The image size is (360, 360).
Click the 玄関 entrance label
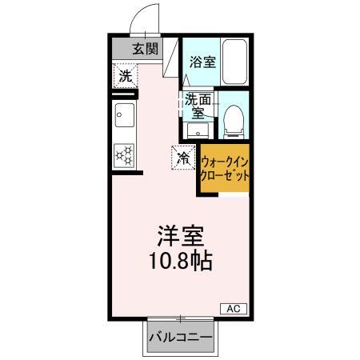click(x=146, y=49)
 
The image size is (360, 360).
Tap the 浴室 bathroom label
click(x=202, y=62)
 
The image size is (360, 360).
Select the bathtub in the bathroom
click(x=234, y=62)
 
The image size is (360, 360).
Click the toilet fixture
click(x=234, y=122)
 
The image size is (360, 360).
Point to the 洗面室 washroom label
click(x=198, y=106)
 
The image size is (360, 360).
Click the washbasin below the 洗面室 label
click(x=198, y=130)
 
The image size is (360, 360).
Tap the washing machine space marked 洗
click(x=126, y=76)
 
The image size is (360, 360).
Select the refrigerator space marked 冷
click(x=183, y=158)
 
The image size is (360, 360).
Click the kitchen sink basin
click(x=125, y=115)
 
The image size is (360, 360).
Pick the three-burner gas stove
click(x=124, y=156)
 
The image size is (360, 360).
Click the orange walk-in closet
click(x=225, y=168)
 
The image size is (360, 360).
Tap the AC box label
click(x=234, y=309)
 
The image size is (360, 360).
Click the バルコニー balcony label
click(x=181, y=338)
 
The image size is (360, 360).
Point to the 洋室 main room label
click(x=181, y=236)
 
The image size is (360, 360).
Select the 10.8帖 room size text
click(x=181, y=260)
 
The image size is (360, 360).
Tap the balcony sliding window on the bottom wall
click(x=181, y=318)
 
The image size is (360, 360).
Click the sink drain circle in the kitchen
click(x=119, y=115)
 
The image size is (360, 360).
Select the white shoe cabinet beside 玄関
click(x=170, y=58)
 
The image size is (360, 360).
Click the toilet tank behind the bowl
click(x=234, y=134)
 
